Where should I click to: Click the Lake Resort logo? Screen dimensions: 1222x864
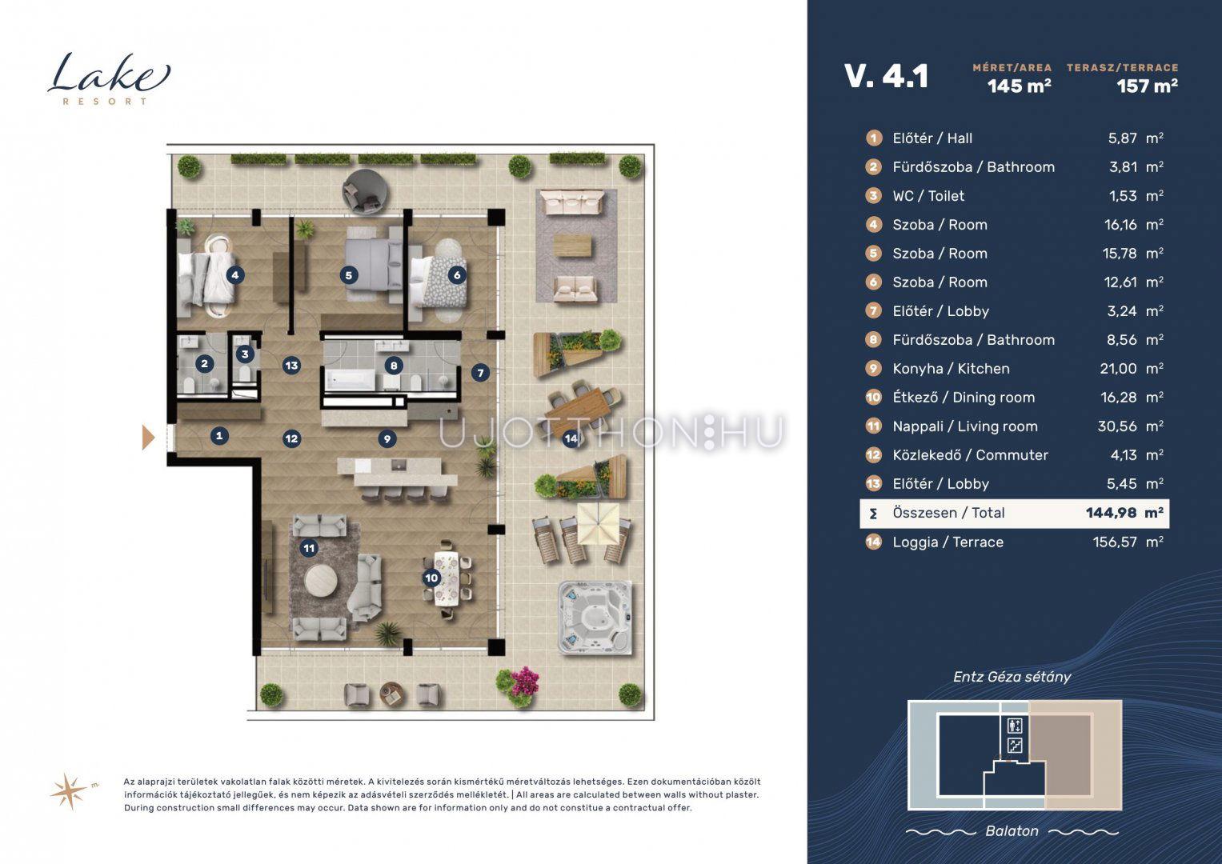point(109,79)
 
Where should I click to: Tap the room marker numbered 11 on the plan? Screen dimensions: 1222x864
point(309,548)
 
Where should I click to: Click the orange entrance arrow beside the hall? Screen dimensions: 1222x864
point(148,438)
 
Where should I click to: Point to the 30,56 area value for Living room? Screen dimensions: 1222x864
point(1116,426)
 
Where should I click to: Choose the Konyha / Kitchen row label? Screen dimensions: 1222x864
point(951,369)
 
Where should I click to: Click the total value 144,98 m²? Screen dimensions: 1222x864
point(1124,513)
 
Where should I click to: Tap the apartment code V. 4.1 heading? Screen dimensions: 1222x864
point(887,76)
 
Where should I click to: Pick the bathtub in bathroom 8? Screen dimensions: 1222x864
point(350,380)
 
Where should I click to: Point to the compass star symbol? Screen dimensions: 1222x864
point(70,791)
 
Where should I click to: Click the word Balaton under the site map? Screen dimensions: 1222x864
point(1012,830)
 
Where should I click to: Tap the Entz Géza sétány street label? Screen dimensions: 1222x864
point(1012,677)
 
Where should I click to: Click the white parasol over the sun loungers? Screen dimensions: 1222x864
point(599,524)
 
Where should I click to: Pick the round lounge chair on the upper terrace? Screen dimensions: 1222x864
point(366,191)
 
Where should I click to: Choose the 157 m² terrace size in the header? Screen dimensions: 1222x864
point(1147,86)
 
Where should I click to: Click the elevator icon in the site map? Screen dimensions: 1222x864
point(1015,726)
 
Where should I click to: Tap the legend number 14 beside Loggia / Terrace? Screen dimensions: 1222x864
point(873,542)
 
